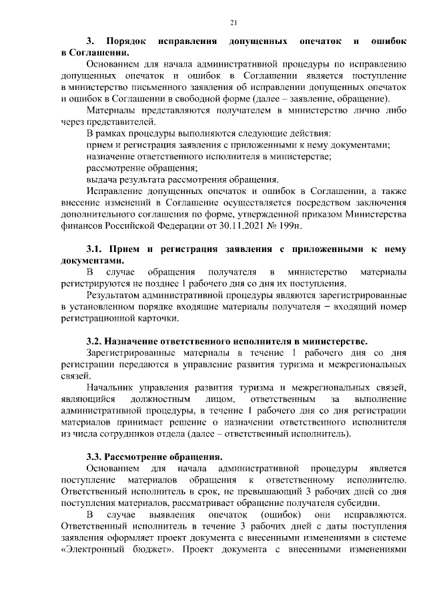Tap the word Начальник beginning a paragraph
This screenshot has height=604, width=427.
pos(110,388)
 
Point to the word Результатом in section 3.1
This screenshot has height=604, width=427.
pos(115,295)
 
